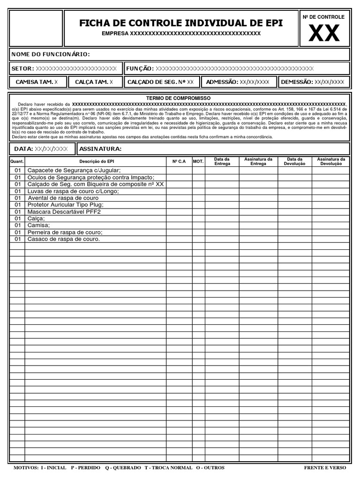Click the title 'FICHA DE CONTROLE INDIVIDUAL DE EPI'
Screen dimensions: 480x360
(x=181, y=23)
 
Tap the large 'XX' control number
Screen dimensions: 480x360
(x=324, y=33)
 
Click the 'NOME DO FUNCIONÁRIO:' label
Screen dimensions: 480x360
(x=51, y=54)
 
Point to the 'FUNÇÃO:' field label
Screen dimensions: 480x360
(x=140, y=69)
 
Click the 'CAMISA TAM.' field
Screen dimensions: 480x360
(x=37, y=82)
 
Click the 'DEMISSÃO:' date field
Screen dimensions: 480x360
(x=312, y=82)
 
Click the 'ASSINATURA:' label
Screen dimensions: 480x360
(x=101, y=149)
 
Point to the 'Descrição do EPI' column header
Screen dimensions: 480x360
(x=96, y=161)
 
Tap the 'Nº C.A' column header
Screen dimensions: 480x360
(x=179, y=161)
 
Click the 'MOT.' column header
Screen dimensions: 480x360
(x=198, y=161)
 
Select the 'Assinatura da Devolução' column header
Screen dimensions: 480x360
(x=331, y=161)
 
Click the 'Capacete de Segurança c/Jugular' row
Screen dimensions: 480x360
(x=74, y=170)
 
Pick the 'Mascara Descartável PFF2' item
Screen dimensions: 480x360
(x=64, y=211)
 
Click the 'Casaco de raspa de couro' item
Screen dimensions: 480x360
(x=64, y=239)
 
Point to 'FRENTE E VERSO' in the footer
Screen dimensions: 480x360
(x=325, y=468)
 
